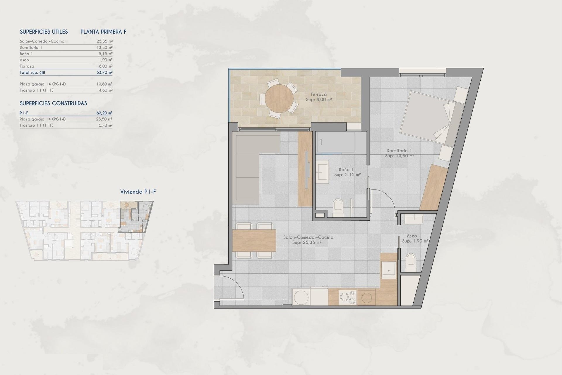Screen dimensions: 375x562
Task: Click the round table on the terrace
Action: pos(279,99)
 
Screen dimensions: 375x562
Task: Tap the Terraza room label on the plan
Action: pos(318,95)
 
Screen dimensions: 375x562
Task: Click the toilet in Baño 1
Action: pos(338,208)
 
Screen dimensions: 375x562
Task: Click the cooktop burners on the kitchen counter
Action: pos(348,297)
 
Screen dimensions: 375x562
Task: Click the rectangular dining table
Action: pos(254,241)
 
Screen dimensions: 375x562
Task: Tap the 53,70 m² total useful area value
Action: pos(104,72)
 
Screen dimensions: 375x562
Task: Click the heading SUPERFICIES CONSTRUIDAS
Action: pos(53,103)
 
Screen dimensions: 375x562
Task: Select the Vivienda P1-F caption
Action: pos(138,192)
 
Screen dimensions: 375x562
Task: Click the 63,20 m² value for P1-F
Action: pos(104,113)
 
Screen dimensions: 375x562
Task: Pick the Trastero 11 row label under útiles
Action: pos(37,90)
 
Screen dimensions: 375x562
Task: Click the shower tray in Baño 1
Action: pos(335,142)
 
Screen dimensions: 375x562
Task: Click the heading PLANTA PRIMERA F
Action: pos(103,32)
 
